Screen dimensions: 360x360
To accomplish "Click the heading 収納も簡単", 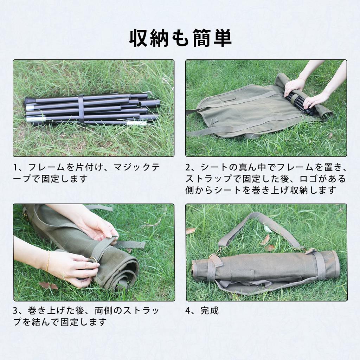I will pos(180,38).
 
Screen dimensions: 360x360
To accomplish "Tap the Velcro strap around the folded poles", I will pos(81,108).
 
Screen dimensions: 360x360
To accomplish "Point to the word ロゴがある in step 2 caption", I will pos(327,179).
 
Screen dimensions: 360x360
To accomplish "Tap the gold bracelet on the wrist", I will pos(48,262).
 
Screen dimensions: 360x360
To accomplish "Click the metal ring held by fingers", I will pos(92,260).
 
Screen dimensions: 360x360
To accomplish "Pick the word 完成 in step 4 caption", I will pos(210,311).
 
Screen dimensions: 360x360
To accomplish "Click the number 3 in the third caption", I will pos(15,311).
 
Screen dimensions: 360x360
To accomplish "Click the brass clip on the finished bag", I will pos(218,251).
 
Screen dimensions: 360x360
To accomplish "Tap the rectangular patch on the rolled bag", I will pos(242,275).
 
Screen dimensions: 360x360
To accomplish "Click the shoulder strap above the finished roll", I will pos(260,225).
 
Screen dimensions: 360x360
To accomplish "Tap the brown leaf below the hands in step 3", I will pos(48,285).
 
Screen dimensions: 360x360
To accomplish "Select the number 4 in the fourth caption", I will pos(188,311).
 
